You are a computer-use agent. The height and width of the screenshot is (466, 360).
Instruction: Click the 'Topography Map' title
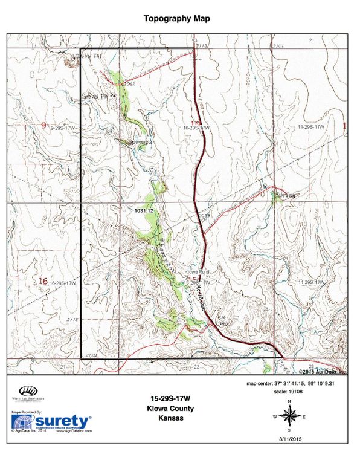pos(178,19)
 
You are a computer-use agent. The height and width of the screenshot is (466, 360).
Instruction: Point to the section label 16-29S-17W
pos(63,283)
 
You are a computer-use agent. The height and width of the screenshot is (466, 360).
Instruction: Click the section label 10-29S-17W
pos(196,128)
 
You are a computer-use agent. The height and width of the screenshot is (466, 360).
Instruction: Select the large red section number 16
pos(42,281)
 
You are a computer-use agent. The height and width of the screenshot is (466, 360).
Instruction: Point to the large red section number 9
pos(43,126)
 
